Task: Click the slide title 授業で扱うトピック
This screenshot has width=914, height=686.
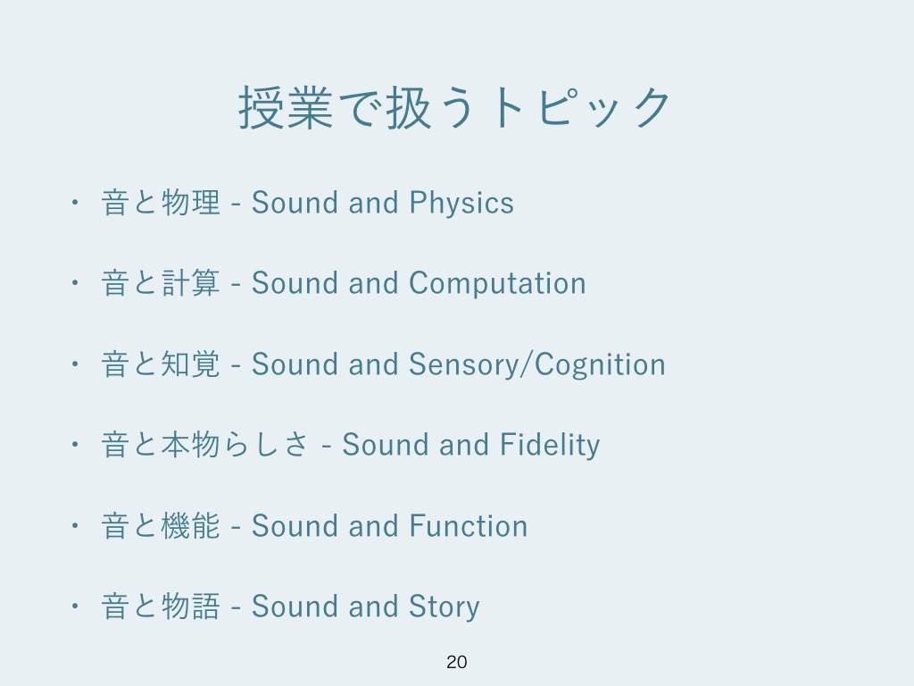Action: (454, 107)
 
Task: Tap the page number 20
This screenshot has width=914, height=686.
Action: (456, 662)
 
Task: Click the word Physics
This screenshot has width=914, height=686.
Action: (461, 204)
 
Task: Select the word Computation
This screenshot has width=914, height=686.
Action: (497, 283)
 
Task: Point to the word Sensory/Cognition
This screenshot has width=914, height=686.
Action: (536, 364)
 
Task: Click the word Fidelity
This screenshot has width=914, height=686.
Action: (549, 445)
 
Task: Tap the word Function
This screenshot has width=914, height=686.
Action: (468, 525)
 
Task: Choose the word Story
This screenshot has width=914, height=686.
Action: (445, 607)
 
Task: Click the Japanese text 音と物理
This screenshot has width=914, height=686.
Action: (161, 203)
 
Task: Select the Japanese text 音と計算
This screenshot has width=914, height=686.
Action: (161, 283)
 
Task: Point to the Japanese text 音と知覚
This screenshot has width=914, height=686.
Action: (161, 364)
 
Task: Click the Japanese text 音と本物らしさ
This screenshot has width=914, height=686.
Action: (205, 445)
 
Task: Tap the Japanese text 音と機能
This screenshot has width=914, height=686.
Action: (161, 525)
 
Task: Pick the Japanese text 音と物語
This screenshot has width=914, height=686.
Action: (161, 607)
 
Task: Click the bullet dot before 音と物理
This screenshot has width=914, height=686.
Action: (74, 203)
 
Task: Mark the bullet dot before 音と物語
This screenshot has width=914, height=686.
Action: (74, 607)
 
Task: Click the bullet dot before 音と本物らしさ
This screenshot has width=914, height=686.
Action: (74, 445)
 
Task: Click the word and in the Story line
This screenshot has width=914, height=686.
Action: (374, 607)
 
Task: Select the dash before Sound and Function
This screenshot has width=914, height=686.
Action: (236, 527)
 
